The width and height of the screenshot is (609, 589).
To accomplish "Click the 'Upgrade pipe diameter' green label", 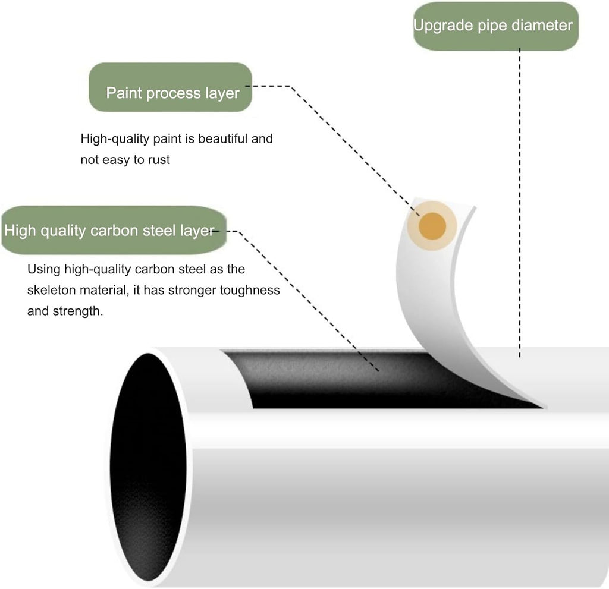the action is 495,26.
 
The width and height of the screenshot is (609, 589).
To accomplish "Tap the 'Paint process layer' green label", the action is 171,87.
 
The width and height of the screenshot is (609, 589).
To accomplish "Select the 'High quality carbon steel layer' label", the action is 114,230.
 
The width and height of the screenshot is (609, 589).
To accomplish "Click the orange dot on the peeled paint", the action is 432,226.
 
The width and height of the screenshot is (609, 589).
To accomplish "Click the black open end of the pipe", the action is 148,467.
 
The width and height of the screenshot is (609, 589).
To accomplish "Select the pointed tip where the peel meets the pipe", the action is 545,407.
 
